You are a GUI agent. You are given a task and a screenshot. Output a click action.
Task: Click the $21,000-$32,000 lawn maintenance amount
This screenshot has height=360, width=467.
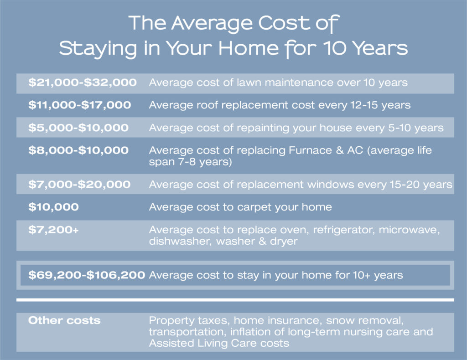[x=83, y=82]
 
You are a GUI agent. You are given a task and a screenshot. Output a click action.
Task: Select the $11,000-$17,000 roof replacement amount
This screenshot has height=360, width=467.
[x=79, y=105]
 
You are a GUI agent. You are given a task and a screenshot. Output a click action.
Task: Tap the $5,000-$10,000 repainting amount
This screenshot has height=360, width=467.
[x=78, y=128]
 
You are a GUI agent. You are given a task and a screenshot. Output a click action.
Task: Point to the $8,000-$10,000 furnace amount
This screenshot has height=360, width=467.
[x=78, y=150]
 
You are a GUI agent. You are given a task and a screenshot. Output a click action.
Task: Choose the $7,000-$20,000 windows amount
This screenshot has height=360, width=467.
[x=79, y=185]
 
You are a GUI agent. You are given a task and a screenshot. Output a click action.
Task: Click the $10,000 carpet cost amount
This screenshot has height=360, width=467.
[x=53, y=207]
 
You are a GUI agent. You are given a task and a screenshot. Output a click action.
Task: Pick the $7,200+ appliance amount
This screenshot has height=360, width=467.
[x=53, y=230]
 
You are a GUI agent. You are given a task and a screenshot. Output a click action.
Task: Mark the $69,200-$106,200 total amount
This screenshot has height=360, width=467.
[x=87, y=275]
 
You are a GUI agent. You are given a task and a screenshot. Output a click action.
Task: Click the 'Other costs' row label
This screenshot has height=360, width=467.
[x=64, y=320]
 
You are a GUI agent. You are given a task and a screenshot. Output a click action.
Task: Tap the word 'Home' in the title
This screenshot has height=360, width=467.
[x=249, y=48]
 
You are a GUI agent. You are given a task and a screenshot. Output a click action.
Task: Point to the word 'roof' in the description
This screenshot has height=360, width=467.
[x=208, y=105]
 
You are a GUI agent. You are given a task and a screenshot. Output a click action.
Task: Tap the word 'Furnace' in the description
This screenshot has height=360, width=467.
[x=310, y=150]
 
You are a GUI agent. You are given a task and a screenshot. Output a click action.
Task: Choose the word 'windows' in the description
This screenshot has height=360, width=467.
[x=331, y=185]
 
